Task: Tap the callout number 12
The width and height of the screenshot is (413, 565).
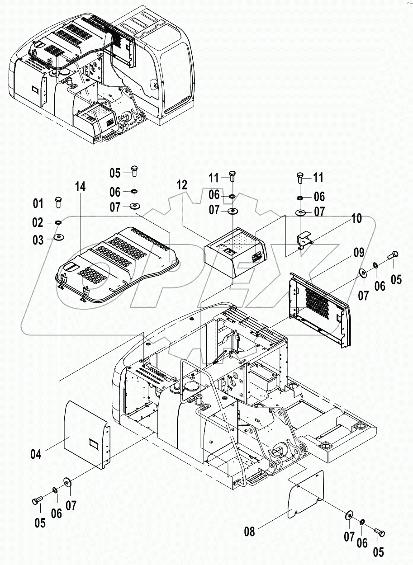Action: pyautogui.click(x=182, y=184)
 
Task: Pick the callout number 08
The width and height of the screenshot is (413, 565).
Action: pyautogui.click(x=249, y=532)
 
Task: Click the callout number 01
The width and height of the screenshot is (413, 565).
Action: pyautogui.click(x=38, y=204)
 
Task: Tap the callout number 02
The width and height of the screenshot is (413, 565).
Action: pyautogui.click(x=38, y=223)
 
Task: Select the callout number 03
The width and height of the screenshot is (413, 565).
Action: pyautogui.click(x=38, y=240)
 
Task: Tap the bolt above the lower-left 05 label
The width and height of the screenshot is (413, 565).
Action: pyautogui.click(x=37, y=500)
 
